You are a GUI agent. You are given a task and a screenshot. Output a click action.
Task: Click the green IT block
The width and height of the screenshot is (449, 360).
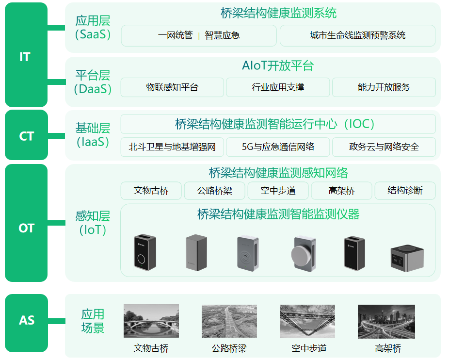tap(26, 55)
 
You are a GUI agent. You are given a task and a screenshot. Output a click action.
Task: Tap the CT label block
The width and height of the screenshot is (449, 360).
tap(26, 135)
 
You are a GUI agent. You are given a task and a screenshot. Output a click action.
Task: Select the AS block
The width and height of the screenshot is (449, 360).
tap(26, 323)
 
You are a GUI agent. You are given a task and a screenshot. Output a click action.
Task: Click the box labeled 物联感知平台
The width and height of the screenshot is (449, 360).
tap(172, 87)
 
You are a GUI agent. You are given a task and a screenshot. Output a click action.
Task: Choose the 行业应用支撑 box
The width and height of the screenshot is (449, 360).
tap(278, 87)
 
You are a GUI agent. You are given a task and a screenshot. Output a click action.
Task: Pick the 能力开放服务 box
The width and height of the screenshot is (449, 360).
tap(384, 87)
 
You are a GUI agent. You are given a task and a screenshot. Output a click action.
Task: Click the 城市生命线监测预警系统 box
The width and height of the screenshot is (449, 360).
tap(358, 35)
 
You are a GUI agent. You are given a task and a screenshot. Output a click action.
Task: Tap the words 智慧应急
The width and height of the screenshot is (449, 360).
tap(222, 35)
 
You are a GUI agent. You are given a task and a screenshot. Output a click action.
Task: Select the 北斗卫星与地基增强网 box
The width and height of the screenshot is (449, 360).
tap(172, 147)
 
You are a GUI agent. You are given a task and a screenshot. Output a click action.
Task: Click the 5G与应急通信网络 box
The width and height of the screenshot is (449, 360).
tap(278, 147)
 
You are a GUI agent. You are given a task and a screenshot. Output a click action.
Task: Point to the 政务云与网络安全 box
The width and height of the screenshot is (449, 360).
tap(384, 147)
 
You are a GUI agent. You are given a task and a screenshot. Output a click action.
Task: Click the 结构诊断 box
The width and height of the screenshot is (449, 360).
tap(405, 191)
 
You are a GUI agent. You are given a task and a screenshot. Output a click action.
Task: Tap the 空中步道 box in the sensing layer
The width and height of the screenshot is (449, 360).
tap(278, 191)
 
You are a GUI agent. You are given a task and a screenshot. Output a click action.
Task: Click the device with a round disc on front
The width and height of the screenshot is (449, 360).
tap(304, 254)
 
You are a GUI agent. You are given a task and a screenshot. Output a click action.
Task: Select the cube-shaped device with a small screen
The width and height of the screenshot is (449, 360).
tap(407, 258)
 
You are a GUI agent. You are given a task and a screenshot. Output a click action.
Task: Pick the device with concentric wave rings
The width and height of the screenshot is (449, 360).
tap(248, 254)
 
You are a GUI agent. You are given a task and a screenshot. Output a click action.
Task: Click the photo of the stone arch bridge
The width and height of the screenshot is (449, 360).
tap(151, 321)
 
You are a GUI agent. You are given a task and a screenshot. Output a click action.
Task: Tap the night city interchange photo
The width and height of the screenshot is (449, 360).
tap(386, 322)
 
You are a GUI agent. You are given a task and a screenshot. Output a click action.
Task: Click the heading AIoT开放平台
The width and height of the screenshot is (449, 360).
tap(278, 65)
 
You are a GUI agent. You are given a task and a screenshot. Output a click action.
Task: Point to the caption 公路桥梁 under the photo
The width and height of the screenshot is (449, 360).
tap(229, 348)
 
